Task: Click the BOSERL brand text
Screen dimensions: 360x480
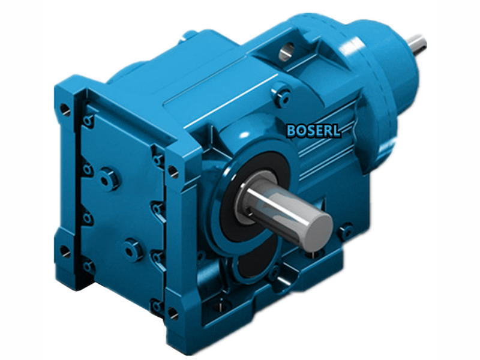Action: [314, 130]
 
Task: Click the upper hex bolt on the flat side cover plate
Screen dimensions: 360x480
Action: [108, 179]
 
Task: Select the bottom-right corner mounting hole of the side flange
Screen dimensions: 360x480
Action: [172, 313]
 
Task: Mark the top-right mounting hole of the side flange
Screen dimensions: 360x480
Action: [173, 172]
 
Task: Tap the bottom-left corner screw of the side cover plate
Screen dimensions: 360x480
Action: [89, 265]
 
